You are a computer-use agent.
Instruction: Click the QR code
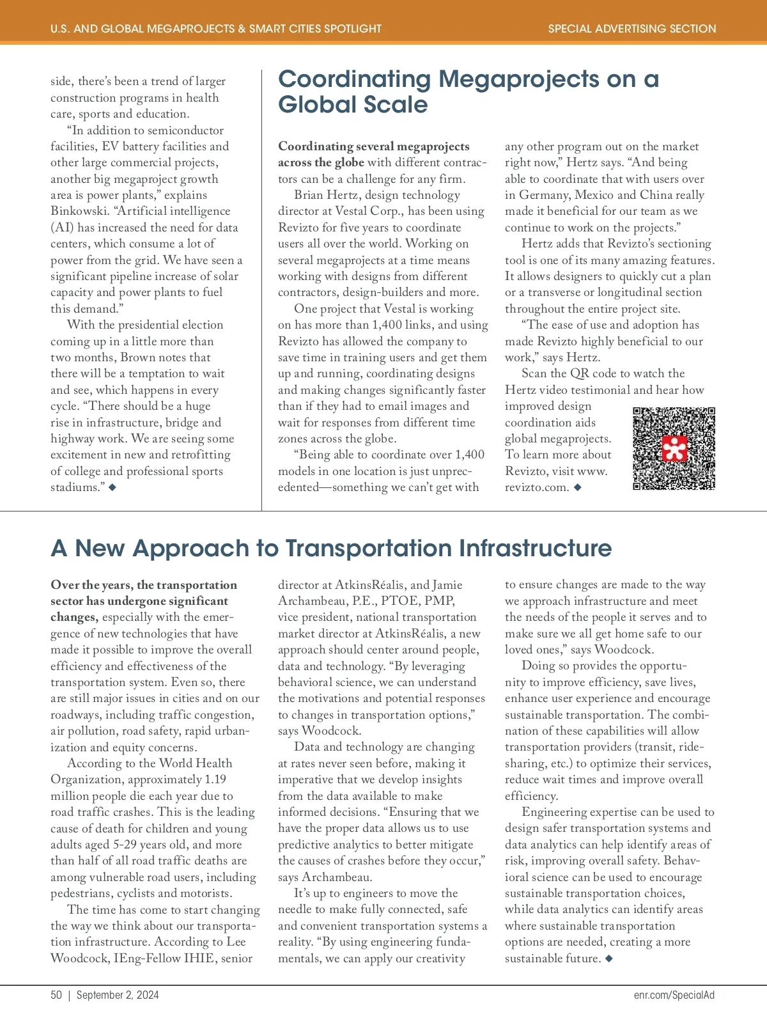point(674,448)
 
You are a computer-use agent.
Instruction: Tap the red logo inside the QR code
point(674,449)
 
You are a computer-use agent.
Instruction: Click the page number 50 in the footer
point(56,995)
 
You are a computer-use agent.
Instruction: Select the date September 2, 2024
point(118,995)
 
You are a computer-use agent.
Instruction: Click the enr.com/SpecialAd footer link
point(674,995)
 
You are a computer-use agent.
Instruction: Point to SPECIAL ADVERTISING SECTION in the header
point(632,29)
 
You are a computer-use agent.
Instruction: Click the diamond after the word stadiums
point(112,487)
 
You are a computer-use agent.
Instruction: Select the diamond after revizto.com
point(578,487)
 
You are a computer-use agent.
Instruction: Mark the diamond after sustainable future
point(608,958)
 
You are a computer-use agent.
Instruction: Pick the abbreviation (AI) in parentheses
point(62,228)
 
